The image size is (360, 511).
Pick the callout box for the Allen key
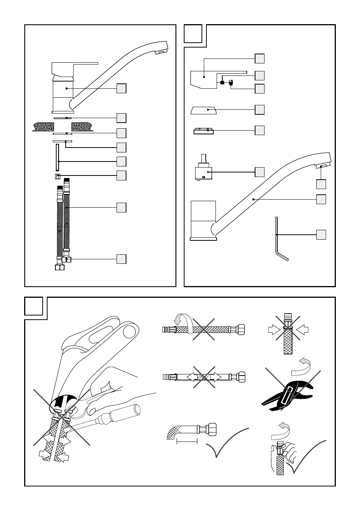pyautogui.click(x=321, y=234)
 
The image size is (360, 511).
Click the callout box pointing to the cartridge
pyautogui.click(x=260, y=172)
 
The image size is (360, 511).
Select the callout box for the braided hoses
pyautogui.click(x=121, y=208)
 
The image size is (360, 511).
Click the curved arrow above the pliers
pyautogui.click(x=302, y=365)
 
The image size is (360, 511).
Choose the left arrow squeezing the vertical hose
pyautogui.click(x=273, y=330)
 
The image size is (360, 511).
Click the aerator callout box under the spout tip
pyautogui.click(x=321, y=184)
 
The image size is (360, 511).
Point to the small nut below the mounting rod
pyautogui.click(x=57, y=176)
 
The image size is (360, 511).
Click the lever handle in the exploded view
pyautogui.click(x=211, y=79)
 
